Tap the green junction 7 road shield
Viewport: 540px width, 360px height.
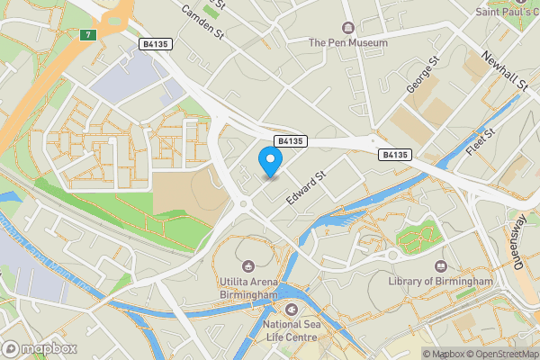pyautogui.click(x=86, y=35)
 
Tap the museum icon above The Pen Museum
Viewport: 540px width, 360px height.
pyautogui.click(x=348, y=27)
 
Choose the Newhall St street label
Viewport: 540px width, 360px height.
pyautogui.click(x=504, y=69)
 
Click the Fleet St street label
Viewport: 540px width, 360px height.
pyautogui.click(x=482, y=143)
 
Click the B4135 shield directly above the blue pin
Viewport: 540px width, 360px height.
pyautogui.click(x=291, y=141)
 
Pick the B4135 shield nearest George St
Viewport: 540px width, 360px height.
pyautogui.click(x=396, y=155)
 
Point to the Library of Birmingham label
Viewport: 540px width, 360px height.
pyautogui.click(x=441, y=282)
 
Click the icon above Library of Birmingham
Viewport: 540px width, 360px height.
pyautogui.click(x=441, y=266)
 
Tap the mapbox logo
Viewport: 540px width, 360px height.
pyautogui.click(x=39, y=348)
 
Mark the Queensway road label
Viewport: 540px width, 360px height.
pyautogui.click(x=519, y=245)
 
